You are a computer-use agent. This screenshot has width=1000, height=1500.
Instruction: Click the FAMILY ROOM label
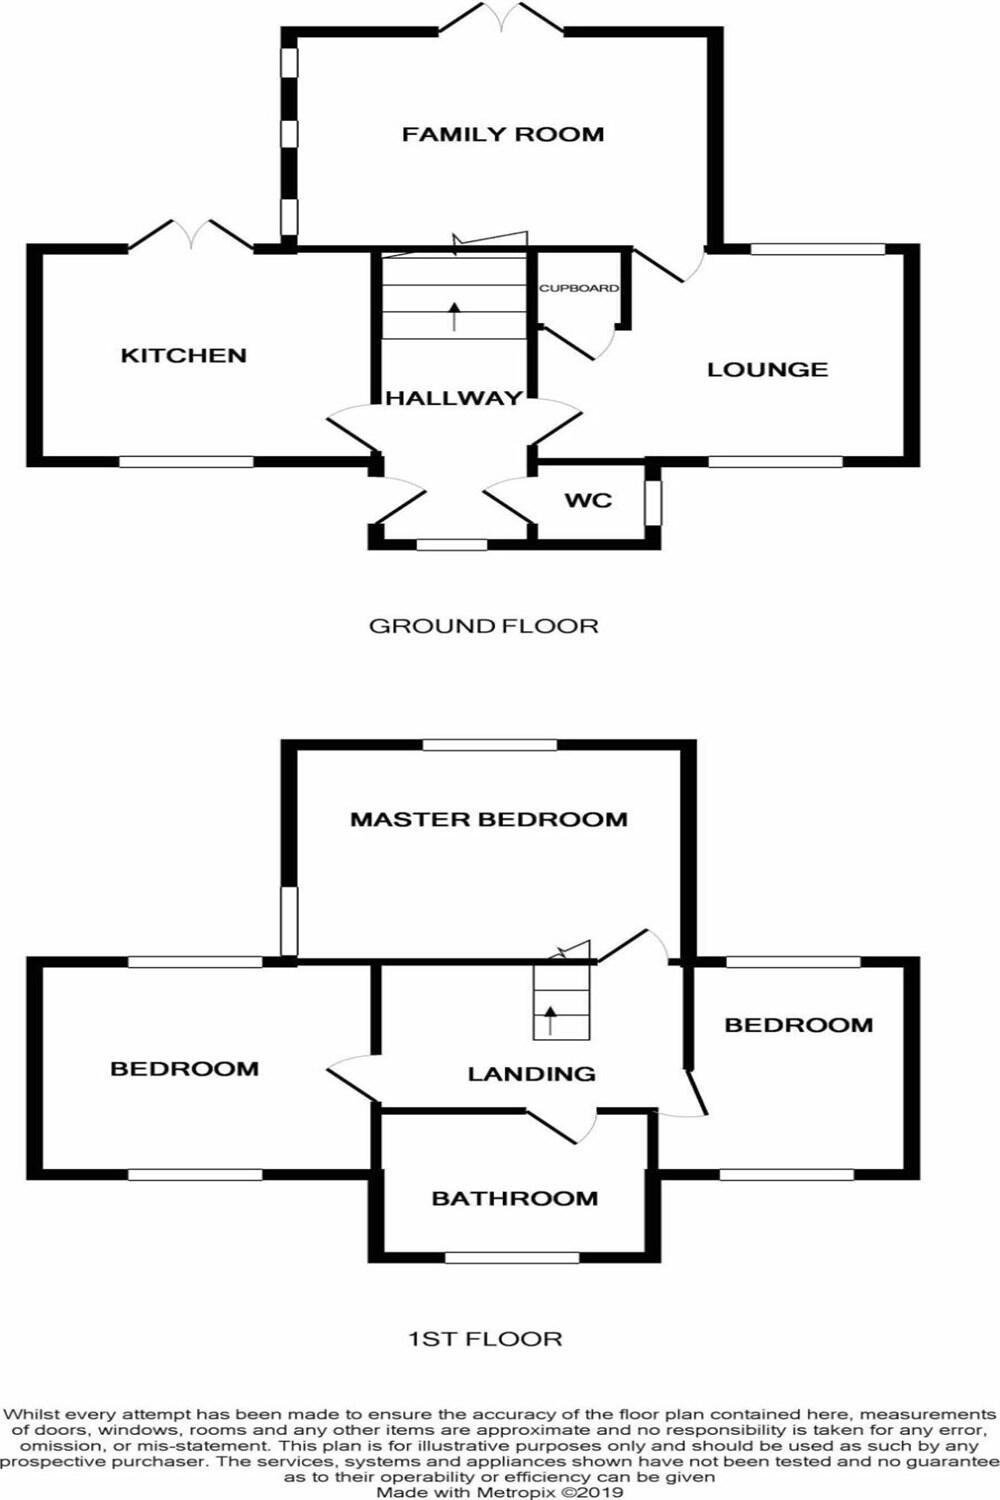[503, 134]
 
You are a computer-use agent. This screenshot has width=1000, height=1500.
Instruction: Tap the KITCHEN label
[183, 355]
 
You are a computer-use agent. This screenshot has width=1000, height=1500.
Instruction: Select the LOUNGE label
[767, 370]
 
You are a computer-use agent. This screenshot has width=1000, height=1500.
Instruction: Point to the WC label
[588, 500]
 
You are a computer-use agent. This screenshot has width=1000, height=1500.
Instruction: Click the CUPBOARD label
[579, 288]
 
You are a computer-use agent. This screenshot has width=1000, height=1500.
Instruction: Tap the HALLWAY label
[454, 398]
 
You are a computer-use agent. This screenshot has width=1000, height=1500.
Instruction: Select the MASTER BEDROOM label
[489, 819]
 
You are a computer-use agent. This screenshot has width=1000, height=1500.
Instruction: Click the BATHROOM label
[514, 1198]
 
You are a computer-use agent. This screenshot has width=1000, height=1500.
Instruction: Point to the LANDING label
[531, 1074]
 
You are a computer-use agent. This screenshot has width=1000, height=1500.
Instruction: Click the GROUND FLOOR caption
[484, 626]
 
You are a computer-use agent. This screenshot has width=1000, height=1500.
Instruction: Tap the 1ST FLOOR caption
[485, 1338]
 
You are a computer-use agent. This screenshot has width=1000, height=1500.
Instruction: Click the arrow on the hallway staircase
[456, 315]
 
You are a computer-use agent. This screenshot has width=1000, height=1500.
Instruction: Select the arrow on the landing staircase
[551, 1020]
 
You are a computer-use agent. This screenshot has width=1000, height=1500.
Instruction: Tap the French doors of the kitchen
[191, 235]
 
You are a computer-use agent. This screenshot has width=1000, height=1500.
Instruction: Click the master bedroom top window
[489, 745]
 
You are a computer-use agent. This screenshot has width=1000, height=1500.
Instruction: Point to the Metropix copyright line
[499, 1492]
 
